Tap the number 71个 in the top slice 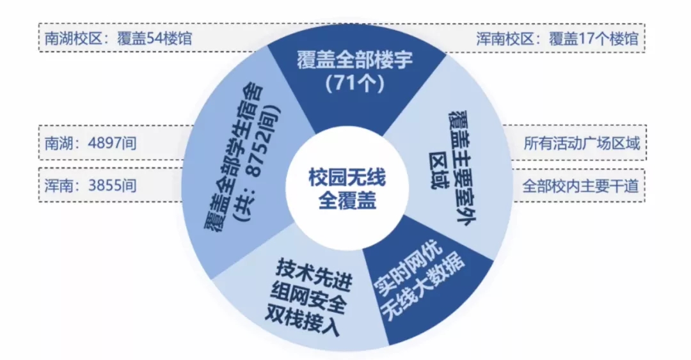[356, 84]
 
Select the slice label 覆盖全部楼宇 [356, 61]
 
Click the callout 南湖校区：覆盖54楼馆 [118, 38]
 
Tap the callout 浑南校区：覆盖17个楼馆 [558, 38]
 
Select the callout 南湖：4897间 [90, 143]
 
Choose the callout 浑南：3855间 [90, 186]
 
